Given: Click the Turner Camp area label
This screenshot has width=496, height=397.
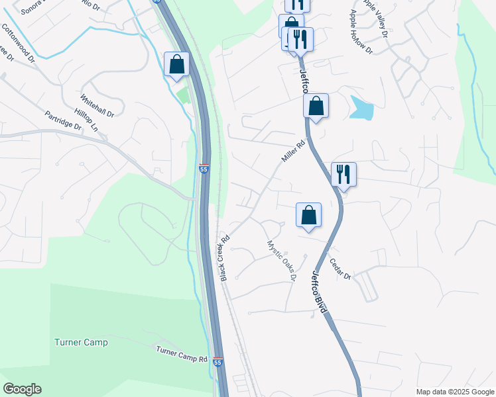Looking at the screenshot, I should pyautogui.click(x=80, y=342).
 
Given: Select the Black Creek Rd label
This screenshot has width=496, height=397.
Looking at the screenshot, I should pyautogui.click(x=225, y=257).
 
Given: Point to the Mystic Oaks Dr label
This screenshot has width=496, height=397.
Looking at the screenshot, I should pyautogui.click(x=281, y=261).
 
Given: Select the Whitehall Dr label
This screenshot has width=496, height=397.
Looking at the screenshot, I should pyautogui.click(x=97, y=105).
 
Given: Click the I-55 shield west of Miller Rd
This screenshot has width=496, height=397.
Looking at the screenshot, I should pyautogui.click(x=204, y=169).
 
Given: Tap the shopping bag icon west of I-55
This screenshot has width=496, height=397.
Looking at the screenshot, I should pyautogui.click(x=176, y=64).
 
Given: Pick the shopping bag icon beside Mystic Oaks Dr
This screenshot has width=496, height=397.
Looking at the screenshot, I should pyautogui.click(x=308, y=214).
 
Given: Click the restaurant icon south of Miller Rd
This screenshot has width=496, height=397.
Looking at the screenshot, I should pyautogui.click(x=343, y=174).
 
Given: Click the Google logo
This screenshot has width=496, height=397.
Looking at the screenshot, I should pyautogui.click(x=22, y=389).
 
